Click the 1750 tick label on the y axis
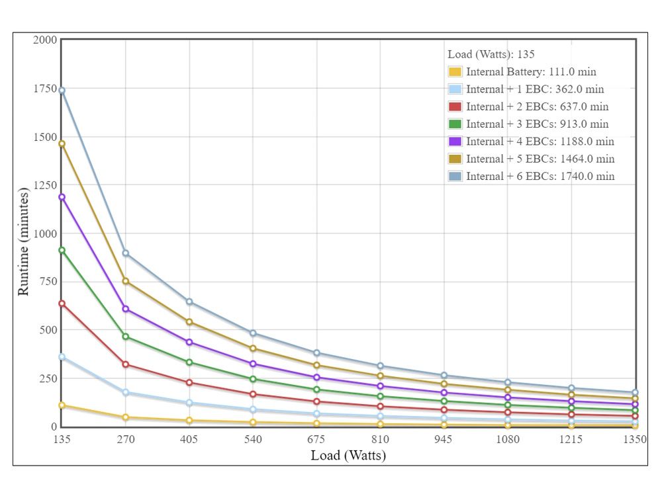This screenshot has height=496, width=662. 45,89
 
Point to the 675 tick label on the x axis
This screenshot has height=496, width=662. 316,440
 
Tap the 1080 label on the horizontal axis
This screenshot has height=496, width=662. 508,440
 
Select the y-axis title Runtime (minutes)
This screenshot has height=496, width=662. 23,241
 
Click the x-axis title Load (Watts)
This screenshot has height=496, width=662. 348,456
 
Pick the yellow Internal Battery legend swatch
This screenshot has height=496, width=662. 455,71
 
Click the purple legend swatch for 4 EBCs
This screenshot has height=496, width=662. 455,142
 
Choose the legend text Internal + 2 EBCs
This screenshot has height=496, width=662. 511,106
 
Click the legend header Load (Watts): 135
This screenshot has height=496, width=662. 491,54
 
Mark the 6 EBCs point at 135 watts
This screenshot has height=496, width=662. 62,90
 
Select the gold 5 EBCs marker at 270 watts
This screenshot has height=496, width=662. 125,281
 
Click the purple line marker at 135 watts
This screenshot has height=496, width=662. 62,197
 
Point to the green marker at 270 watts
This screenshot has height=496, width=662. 125,337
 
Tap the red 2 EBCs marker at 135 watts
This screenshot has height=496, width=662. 62,304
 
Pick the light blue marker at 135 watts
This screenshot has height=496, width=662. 62,357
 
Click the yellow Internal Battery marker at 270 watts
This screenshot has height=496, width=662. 125,417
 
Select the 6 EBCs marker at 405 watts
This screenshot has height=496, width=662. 189,302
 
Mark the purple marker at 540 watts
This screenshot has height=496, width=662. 253,364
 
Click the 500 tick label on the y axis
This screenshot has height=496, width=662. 48,330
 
